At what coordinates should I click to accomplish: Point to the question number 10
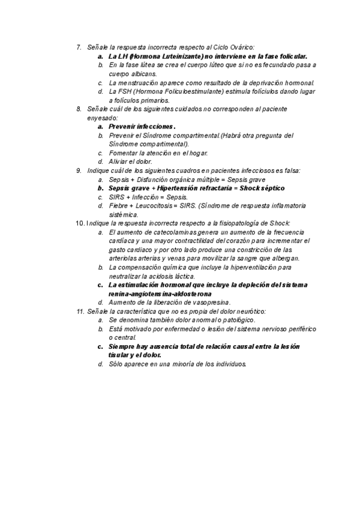80,223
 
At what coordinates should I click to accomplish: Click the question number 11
80,312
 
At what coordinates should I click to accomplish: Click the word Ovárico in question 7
239,47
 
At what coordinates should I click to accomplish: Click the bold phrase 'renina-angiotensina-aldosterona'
160,294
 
